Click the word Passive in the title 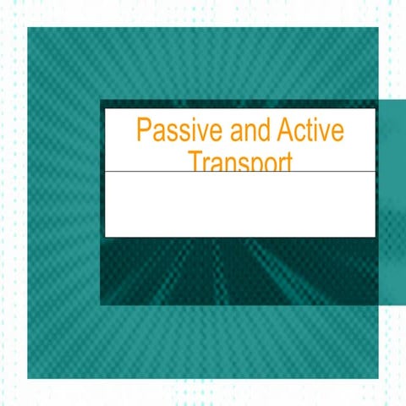pyautogui.click(x=174, y=132)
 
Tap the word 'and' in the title pyautogui.click(x=233, y=132)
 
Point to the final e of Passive pyautogui.click(x=211, y=134)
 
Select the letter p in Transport pyautogui.click(x=255, y=164)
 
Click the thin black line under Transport pyautogui.click(x=240, y=172)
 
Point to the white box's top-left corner pyautogui.click(x=105, y=109)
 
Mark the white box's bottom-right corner pyautogui.click(x=376, y=237)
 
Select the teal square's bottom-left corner pyautogui.click(x=28, y=378)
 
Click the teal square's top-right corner pyautogui.click(x=377, y=28)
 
